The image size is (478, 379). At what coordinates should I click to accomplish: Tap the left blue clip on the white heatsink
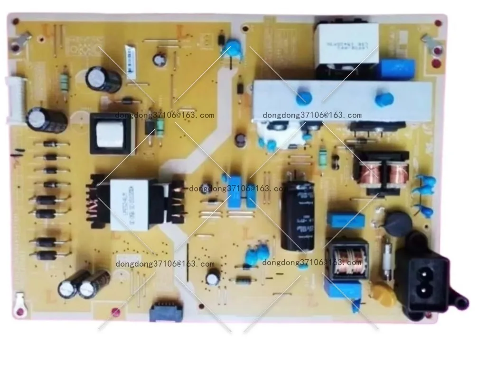click(303, 98)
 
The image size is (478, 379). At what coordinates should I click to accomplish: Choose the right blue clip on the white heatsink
click(384, 99)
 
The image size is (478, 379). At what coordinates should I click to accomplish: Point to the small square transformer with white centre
click(111, 133)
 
